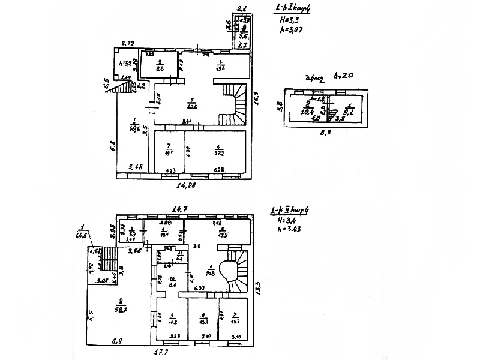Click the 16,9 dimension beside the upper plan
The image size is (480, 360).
[256, 97]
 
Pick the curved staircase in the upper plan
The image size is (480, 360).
[236, 103]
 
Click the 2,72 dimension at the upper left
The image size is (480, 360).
[128, 43]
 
